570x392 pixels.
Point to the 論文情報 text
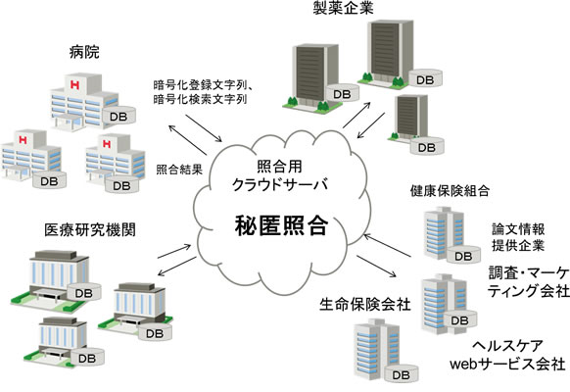click(x=517, y=226)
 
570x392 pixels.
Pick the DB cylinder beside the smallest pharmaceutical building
click(x=424, y=146)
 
